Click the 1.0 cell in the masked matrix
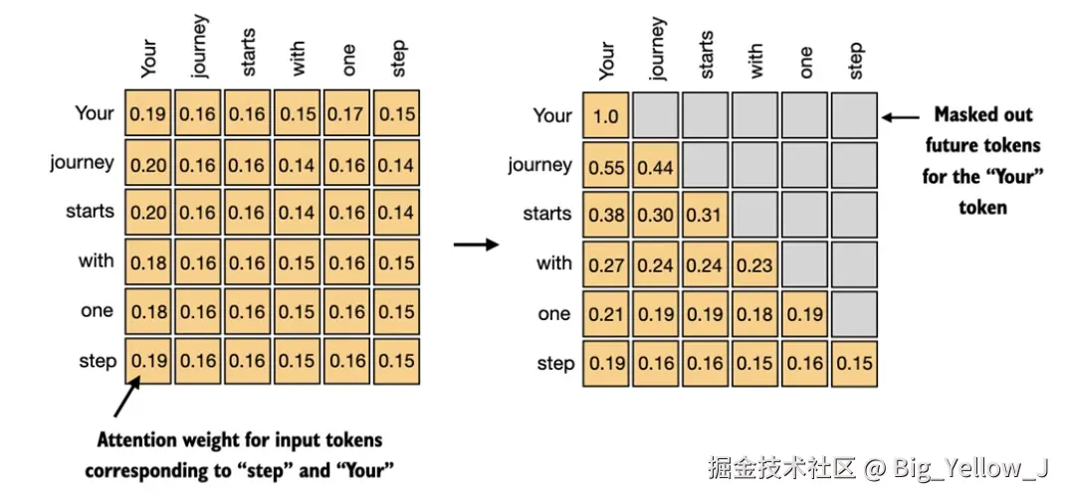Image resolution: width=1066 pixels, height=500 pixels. pos(605,117)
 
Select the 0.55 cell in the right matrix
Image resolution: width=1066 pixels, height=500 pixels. pos(605,167)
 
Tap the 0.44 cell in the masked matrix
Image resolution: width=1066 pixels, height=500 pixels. pos(655,167)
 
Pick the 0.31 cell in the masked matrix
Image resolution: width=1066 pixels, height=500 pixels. pos(705,216)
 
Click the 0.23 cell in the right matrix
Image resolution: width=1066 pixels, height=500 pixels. pos(754,265)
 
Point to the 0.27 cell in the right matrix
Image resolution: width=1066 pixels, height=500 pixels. pos(605,265)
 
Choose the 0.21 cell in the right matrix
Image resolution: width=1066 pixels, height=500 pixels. pos(605,315)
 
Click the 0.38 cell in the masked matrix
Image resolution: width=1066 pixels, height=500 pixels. pos(605,216)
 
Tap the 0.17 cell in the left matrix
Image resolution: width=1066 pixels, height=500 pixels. pos(348,114)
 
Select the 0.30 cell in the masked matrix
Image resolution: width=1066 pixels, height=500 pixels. pos(655,216)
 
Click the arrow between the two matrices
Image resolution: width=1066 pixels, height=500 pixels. pos(475,244)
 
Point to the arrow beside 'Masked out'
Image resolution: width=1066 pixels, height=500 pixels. pos(902,117)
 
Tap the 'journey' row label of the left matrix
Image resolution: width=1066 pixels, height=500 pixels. pos(82,163)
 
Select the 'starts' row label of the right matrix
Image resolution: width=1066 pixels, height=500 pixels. pos(547,215)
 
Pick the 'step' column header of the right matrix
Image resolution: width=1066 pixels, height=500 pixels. pos(856,61)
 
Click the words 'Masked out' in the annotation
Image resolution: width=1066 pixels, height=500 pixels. pos(983,115)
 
